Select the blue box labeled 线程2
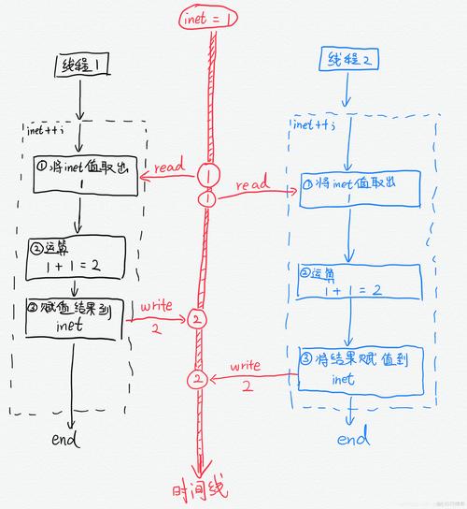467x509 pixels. coord(347,61)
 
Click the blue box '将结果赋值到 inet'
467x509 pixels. coord(353,369)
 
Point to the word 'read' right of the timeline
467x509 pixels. coord(252,185)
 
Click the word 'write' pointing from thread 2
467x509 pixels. coord(246,363)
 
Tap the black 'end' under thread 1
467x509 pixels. coord(65,440)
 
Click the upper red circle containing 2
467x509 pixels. coord(195,319)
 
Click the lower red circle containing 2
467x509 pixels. coord(196,380)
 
